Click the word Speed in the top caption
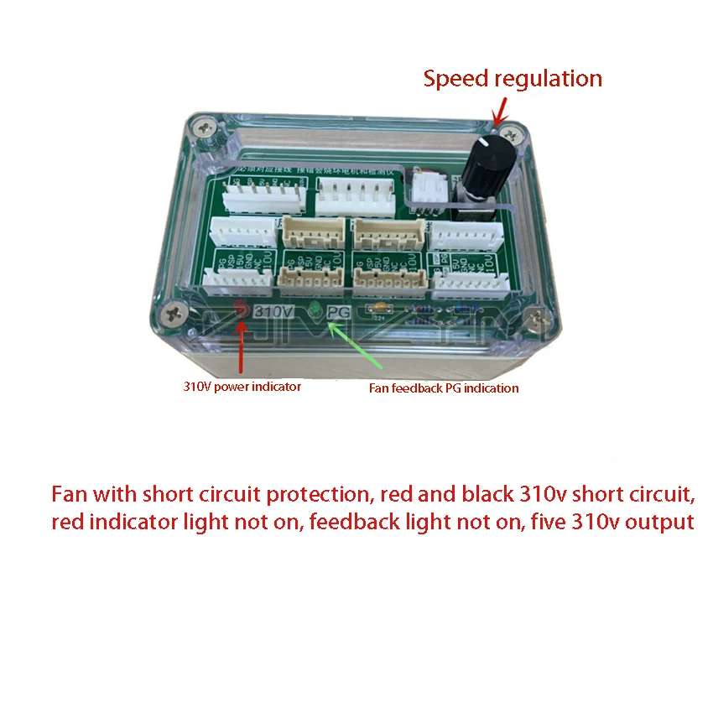coord(456,79)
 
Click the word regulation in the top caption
coord(549,80)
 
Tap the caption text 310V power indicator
coord(242,387)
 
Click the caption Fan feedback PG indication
coord(444,388)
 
